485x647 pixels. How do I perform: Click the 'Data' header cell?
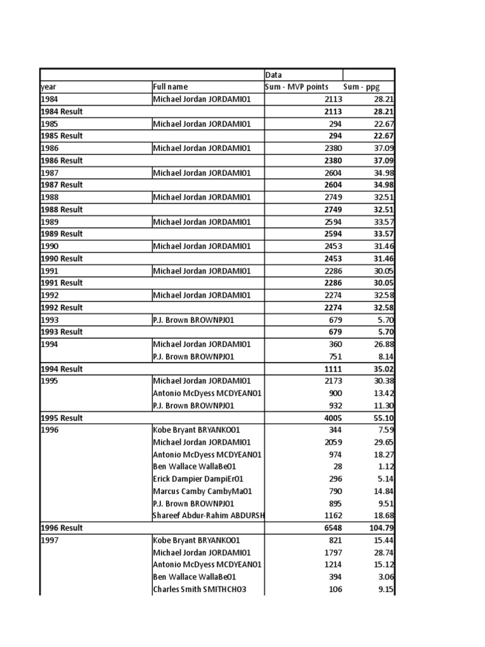273,75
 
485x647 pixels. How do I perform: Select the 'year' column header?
49,87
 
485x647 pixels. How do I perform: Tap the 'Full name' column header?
171,87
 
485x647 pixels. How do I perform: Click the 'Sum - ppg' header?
362,87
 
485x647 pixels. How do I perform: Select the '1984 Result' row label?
62,111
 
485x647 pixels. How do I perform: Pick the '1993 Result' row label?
62,332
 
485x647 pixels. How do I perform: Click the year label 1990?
49,246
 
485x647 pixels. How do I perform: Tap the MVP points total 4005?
333,418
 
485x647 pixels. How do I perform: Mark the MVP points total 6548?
333,528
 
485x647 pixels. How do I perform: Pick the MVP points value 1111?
333,368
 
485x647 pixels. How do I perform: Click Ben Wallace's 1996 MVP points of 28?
337,466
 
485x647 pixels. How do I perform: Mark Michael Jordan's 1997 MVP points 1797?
333,552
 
